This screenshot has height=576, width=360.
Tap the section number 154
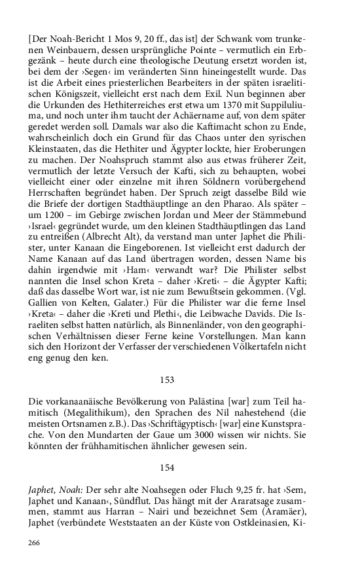[168, 467]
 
